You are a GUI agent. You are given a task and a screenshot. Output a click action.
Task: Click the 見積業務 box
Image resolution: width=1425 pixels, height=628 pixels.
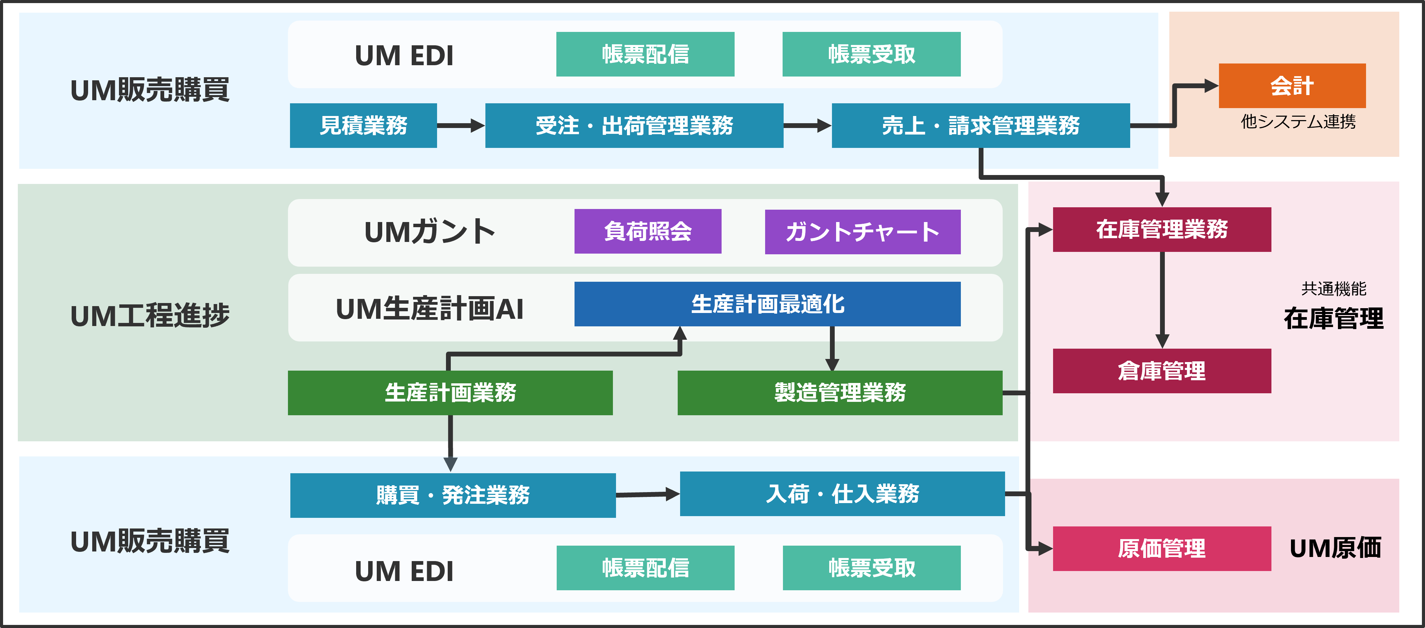point(363,125)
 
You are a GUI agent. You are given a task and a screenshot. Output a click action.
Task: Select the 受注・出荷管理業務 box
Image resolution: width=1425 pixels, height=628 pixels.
point(634,125)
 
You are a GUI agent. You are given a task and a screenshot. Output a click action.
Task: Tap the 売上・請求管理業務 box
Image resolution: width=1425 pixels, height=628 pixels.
point(980,125)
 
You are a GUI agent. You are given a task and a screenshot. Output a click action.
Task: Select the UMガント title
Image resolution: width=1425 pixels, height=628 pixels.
point(429,232)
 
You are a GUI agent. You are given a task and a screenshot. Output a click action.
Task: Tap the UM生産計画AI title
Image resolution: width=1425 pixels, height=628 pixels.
point(429,309)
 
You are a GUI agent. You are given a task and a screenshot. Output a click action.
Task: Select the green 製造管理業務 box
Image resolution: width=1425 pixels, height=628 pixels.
point(840,392)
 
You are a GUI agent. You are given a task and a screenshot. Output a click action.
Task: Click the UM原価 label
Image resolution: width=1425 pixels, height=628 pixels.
point(1335,548)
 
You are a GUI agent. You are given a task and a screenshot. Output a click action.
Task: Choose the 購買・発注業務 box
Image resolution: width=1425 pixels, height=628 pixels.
point(452,495)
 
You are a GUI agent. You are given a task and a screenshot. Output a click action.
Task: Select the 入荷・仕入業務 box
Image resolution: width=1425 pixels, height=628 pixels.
point(842,493)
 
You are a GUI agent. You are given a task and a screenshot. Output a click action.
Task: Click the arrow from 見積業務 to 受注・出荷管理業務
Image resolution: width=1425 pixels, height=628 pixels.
point(460,126)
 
